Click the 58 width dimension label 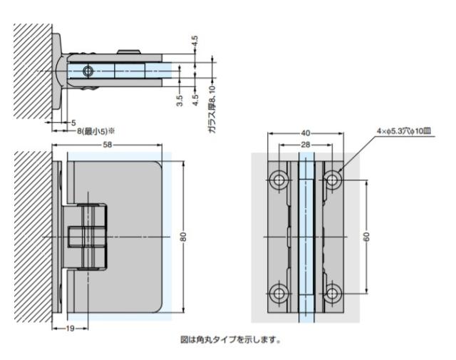click(108, 145)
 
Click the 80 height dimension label click(183, 237)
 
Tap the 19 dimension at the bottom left click(70, 329)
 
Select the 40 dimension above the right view click(306, 133)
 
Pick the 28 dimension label click(306, 145)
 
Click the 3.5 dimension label click(180, 101)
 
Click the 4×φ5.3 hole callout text click(404, 131)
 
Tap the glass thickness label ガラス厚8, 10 click(212, 110)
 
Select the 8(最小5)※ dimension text click(96, 131)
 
